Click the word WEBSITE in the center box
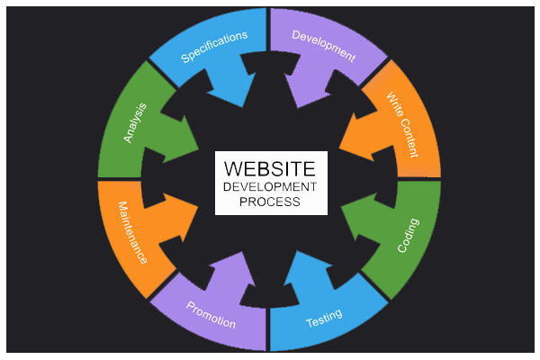270,168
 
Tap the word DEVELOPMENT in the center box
270,186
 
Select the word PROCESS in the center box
270,202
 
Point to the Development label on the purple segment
324,45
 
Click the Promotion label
211,315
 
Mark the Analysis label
132,123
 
